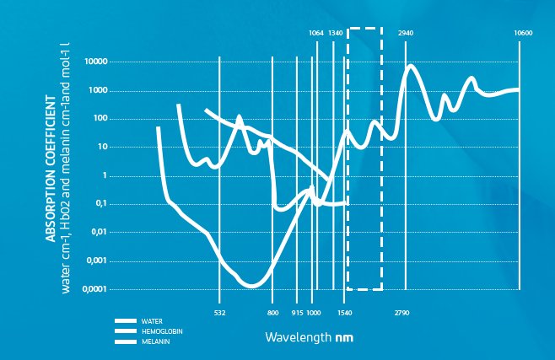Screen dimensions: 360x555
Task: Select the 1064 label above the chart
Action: coord(316,33)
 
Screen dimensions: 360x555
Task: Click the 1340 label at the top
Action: coord(335,33)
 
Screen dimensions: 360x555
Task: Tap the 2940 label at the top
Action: coord(406,33)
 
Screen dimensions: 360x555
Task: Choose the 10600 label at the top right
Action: coord(523,33)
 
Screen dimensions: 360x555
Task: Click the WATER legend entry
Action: coord(152,321)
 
